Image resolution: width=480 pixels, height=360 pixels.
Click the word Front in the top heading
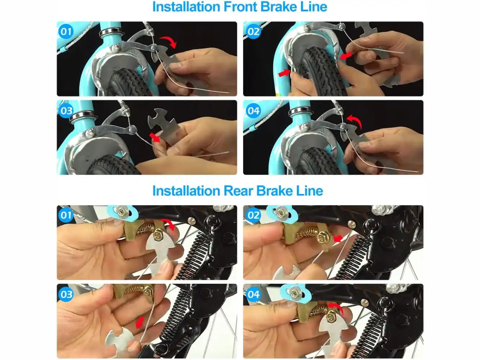(240, 7)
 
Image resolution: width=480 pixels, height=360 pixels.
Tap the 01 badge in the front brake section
(66, 32)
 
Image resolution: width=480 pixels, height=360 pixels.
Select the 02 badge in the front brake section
(253, 32)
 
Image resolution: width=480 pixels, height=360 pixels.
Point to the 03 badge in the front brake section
(66, 111)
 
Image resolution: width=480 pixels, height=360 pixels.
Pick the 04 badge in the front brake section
(253, 111)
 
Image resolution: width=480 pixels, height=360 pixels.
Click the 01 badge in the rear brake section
(66, 215)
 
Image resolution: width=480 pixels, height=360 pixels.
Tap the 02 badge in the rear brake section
(253, 215)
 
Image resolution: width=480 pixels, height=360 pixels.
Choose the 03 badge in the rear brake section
(66, 294)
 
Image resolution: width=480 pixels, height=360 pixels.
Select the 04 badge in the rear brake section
(253, 294)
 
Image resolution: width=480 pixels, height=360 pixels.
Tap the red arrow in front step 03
(155, 138)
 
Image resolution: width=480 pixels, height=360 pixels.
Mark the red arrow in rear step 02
(338, 238)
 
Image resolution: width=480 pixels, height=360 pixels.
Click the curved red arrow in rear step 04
(337, 306)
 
